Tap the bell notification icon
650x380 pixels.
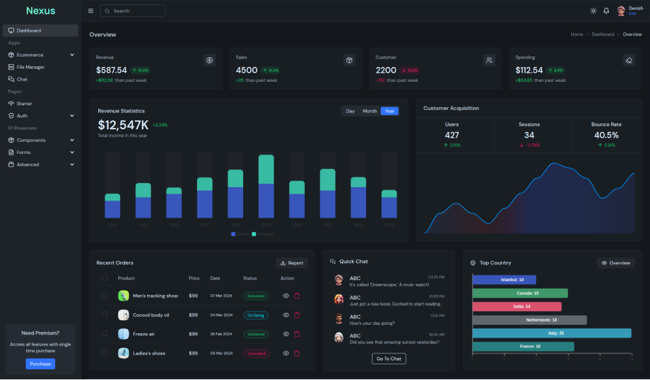pyautogui.click(x=606, y=11)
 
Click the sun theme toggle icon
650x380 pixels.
pyautogui.click(x=593, y=11)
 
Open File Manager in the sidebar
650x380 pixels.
pyautogui.click(x=31, y=67)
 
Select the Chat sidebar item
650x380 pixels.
pyautogui.click(x=22, y=79)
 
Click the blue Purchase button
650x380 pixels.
pyautogui.click(x=40, y=364)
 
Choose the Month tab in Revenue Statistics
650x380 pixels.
pyautogui.click(x=370, y=111)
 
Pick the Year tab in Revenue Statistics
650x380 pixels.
pyautogui.click(x=389, y=111)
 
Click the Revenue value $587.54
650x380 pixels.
pyautogui.click(x=112, y=70)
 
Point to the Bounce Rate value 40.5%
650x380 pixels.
pyautogui.click(x=606, y=135)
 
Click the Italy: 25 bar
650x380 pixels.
pyautogui.click(x=551, y=333)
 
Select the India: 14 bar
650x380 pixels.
pyautogui.click(x=517, y=307)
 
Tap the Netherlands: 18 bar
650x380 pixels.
pyautogui.click(x=529, y=320)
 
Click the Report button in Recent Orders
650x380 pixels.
pyautogui.click(x=292, y=263)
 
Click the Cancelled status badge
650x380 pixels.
pyautogui.click(x=256, y=353)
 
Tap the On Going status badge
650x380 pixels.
pyautogui.click(x=256, y=315)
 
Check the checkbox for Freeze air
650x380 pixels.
pyautogui.click(x=105, y=334)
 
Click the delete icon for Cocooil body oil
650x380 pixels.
pyautogui.click(x=297, y=315)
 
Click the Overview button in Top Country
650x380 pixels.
pyautogui.click(x=616, y=263)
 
